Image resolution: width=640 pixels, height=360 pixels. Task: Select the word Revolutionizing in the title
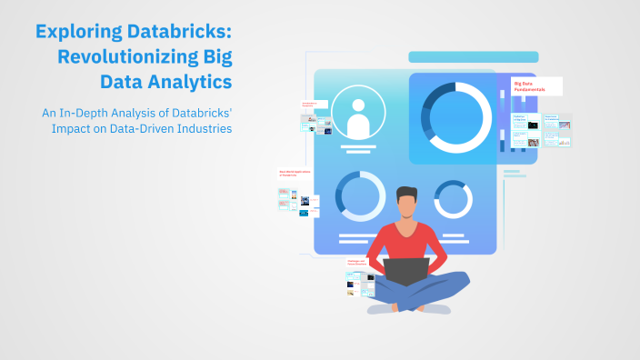coord(125,57)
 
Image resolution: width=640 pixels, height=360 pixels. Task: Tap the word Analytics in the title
coord(189,82)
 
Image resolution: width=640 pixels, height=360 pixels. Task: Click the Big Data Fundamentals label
coord(535,86)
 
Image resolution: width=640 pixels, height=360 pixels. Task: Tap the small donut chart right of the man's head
coord(452,198)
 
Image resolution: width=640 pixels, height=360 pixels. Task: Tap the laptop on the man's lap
coord(405,271)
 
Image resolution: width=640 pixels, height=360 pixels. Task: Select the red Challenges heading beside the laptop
coord(356,263)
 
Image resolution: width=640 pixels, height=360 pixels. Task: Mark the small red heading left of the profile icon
coord(314,105)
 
